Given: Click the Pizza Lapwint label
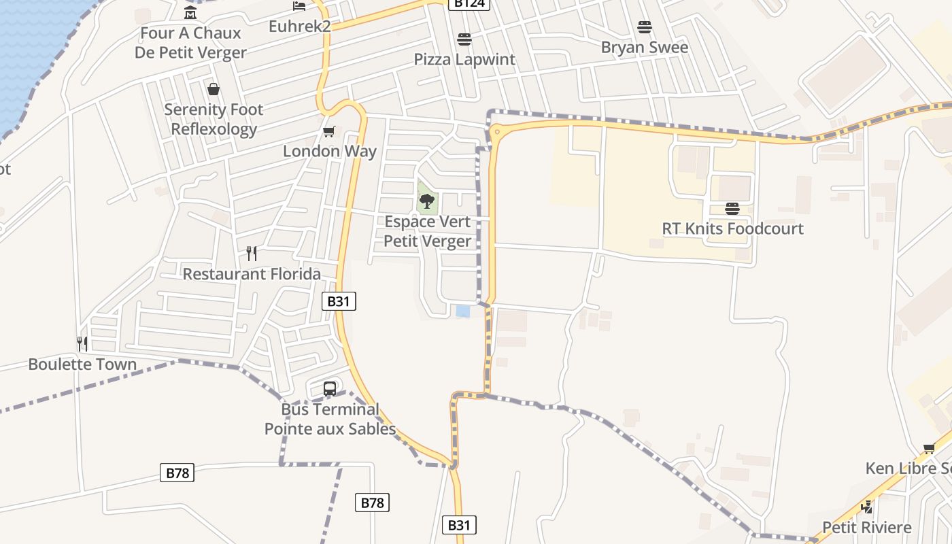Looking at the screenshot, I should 464,59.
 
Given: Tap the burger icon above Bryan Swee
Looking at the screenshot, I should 645,27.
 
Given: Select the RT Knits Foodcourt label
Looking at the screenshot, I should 732,228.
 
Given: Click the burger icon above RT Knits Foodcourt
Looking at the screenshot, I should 732,208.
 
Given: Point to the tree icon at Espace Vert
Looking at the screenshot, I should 427,201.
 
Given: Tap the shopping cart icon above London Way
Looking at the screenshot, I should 329,131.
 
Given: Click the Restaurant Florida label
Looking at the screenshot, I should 252,274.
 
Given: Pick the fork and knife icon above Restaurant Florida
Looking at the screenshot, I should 252,254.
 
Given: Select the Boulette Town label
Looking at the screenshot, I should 82,364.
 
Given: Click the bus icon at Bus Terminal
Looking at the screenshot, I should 330,389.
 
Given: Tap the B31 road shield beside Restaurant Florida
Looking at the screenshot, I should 339,301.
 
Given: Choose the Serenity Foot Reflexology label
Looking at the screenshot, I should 214,119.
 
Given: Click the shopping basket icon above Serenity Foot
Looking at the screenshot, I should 214,89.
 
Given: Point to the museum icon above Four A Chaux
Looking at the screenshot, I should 190,13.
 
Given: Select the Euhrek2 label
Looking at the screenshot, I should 299,26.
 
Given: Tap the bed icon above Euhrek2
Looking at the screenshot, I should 299,6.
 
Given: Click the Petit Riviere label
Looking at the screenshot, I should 866,528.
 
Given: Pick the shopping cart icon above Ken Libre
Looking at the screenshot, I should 929,448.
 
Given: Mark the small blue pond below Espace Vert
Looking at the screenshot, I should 463,311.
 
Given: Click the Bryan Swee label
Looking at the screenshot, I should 645,48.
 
